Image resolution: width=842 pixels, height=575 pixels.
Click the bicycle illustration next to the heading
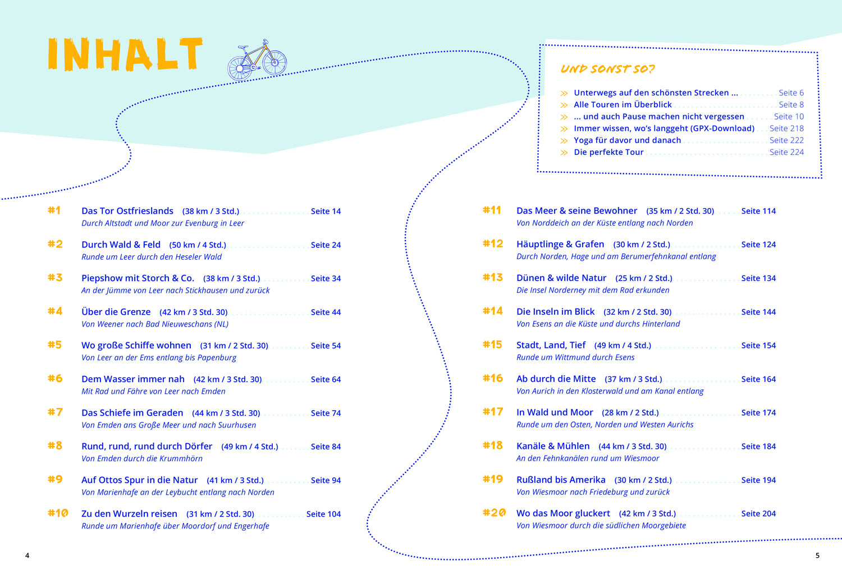click(x=257, y=61)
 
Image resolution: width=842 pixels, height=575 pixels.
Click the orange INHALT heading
click(x=125, y=54)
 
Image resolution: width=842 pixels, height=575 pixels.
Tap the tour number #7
click(x=55, y=412)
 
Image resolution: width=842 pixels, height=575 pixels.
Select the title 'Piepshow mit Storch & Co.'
click(x=138, y=278)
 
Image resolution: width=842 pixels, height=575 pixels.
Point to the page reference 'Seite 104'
click(x=323, y=514)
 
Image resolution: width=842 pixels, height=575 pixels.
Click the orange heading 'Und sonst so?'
click(x=607, y=69)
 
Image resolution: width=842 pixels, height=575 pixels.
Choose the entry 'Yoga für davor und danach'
click(x=627, y=140)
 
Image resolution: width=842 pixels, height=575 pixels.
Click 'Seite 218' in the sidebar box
click(x=786, y=128)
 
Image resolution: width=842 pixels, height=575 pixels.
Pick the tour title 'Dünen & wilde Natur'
click(x=561, y=278)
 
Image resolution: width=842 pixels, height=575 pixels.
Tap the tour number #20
click(x=494, y=513)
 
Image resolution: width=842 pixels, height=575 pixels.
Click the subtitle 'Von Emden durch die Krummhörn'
click(x=142, y=458)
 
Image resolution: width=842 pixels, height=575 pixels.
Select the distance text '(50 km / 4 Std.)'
click(x=198, y=245)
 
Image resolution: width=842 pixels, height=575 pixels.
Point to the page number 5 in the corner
click(x=817, y=555)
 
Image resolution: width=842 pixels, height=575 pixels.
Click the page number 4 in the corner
click(x=27, y=555)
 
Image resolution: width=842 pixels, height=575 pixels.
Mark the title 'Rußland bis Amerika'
click(x=561, y=480)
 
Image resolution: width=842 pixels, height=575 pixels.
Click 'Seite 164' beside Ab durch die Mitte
click(x=758, y=379)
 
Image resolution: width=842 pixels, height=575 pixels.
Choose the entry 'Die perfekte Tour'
click(x=608, y=152)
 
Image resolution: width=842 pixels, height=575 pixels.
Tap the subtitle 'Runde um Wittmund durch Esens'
click(x=575, y=357)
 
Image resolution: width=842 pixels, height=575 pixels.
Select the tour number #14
click(x=493, y=311)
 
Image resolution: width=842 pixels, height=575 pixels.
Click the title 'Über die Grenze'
click(x=116, y=312)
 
